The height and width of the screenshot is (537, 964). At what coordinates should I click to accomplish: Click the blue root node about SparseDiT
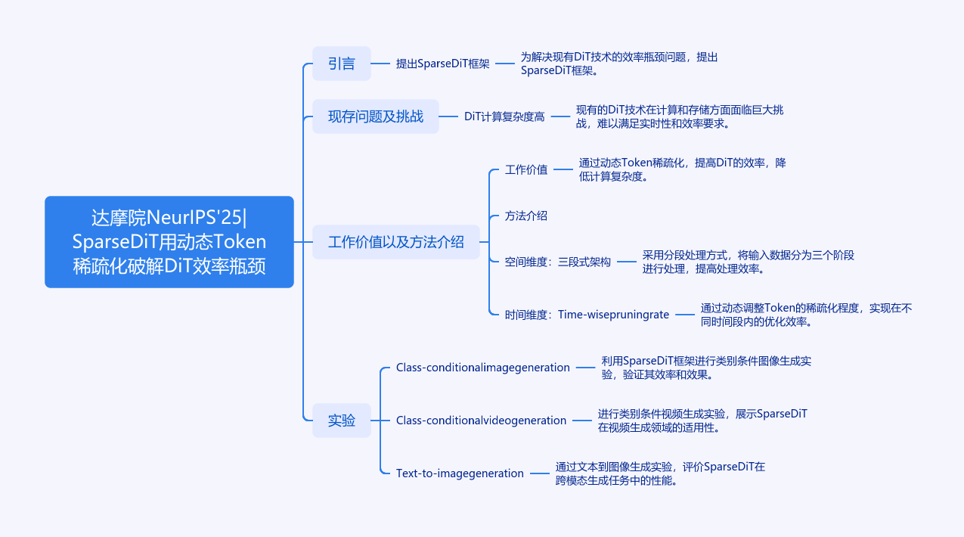click(169, 242)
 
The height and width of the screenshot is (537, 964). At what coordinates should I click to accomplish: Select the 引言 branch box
click(342, 64)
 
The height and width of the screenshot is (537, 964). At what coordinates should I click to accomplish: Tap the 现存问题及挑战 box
click(376, 116)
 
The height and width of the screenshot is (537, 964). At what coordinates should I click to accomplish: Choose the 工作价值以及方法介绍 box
click(396, 242)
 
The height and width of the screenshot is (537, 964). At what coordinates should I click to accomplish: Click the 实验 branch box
click(342, 421)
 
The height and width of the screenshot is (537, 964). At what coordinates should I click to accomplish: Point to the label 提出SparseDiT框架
click(442, 64)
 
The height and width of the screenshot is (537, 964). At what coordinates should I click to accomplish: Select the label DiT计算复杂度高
click(504, 116)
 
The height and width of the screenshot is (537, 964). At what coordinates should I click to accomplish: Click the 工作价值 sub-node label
click(526, 169)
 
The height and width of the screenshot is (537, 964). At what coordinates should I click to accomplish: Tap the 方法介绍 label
click(526, 216)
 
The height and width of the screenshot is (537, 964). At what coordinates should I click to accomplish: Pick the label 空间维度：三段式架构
click(558, 262)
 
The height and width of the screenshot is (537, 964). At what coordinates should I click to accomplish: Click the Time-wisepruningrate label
click(587, 315)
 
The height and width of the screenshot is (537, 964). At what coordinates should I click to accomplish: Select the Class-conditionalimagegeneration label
click(483, 368)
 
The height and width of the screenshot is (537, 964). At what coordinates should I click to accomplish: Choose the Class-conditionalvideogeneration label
click(481, 421)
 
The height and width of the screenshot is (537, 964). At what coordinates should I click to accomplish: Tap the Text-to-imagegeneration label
click(460, 473)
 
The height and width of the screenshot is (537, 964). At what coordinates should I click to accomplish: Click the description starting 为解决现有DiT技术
click(618, 64)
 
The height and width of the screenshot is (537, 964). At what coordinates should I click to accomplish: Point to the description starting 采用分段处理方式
click(748, 262)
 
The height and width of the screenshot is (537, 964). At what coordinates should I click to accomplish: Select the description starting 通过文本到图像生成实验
click(660, 473)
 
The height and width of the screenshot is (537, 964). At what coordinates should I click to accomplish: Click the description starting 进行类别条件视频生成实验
click(702, 421)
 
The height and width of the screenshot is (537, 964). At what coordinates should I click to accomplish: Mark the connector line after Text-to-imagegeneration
click(540, 473)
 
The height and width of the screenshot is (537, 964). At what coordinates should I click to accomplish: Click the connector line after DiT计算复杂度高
click(560, 116)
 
